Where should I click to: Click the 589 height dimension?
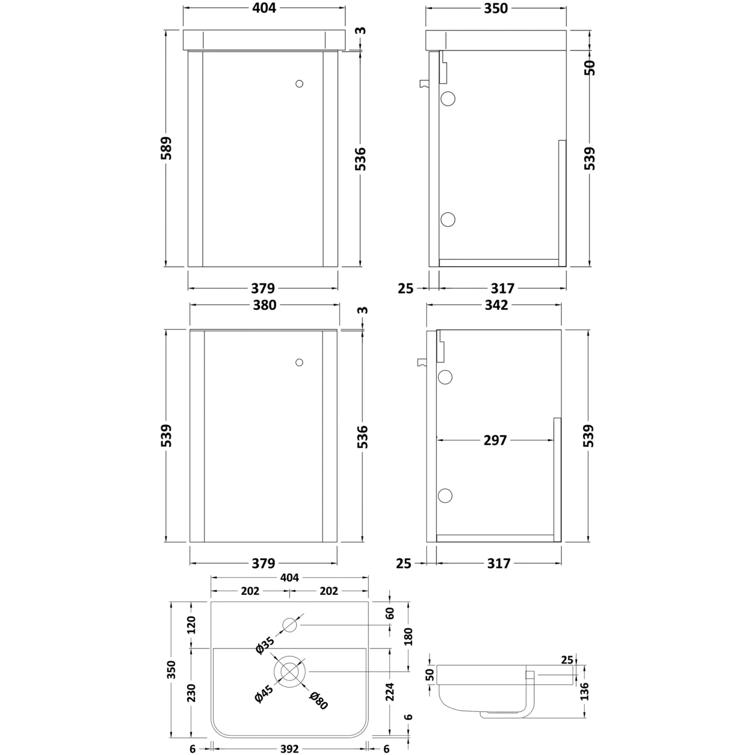[x=167, y=148]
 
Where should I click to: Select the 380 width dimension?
[x=264, y=305]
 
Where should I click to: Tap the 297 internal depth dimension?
[x=495, y=440]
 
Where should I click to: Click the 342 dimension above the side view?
[x=496, y=305]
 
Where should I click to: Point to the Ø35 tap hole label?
[x=265, y=646]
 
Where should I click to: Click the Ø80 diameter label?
[x=318, y=701]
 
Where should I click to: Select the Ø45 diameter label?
[x=264, y=694]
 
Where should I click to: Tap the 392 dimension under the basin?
[x=289, y=749]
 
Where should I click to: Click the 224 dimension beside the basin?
[x=390, y=692]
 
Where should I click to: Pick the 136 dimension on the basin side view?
[x=584, y=692]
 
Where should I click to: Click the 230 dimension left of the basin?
[x=191, y=693]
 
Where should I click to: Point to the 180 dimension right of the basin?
[x=408, y=637]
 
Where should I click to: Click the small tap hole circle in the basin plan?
[x=290, y=626]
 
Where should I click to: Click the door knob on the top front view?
[x=299, y=84]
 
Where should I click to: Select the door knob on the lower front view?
[x=299, y=362]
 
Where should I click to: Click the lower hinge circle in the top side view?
[x=447, y=219]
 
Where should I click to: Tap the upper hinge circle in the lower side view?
[x=445, y=376]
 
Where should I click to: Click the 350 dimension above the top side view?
[x=496, y=9]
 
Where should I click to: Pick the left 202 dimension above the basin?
[x=250, y=591]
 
